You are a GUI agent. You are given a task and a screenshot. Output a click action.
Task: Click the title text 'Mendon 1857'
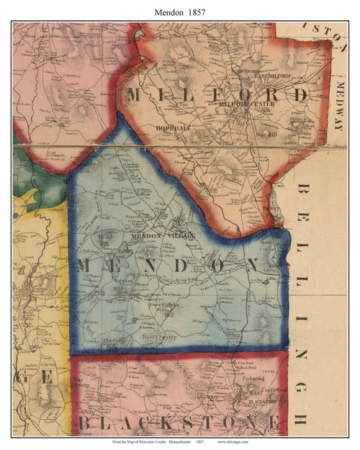pyautogui.click(x=180, y=12)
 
